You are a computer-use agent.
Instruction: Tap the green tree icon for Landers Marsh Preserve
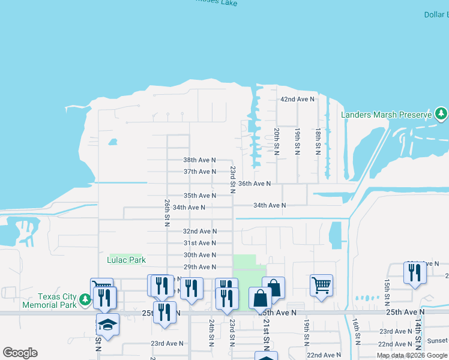point(441,113)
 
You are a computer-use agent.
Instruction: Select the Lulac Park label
point(127,260)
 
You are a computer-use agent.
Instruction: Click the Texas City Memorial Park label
point(58,301)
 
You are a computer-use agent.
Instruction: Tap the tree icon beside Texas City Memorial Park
point(86,298)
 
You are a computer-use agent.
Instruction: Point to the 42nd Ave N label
point(297,99)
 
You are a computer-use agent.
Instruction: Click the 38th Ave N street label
point(199,160)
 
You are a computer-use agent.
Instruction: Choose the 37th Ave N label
point(199,172)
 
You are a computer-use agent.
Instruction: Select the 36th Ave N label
point(254,184)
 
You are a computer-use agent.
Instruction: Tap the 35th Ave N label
point(199,196)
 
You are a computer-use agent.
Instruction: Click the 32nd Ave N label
point(199,231)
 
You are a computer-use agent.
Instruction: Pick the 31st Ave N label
point(199,243)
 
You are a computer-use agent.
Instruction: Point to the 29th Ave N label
point(199,267)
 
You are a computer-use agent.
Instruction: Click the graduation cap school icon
point(107,324)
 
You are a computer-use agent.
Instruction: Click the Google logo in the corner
point(20,353)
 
